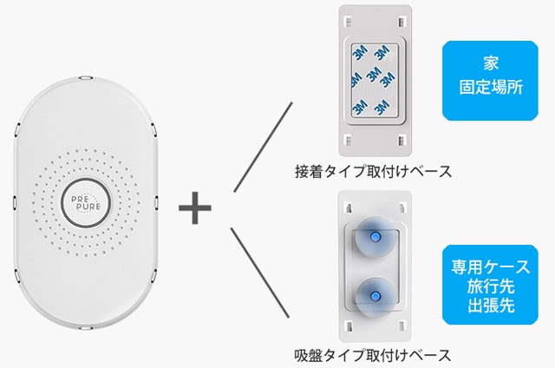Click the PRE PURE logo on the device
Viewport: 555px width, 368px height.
click(86, 203)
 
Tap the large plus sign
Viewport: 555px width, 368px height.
click(194, 207)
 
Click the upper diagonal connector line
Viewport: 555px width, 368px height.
click(263, 147)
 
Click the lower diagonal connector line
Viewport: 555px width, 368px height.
click(260, 273)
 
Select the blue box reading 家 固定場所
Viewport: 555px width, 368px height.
click(490, 81)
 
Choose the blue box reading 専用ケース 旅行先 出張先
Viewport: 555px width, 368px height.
click(490, 285)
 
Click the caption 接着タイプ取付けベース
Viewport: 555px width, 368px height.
click(374, 172)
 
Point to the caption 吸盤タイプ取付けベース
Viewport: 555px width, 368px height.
click(373, 355)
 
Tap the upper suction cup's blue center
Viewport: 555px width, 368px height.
click(375, 236)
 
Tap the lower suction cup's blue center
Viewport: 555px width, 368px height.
click(375, 296)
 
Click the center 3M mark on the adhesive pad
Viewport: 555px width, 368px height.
click(374, 75)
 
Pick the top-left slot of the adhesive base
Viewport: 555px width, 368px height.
click(349, 22)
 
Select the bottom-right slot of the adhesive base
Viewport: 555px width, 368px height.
click(402, 141)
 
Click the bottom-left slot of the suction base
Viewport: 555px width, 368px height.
click(349, 325)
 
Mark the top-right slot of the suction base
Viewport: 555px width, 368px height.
click(402, 207)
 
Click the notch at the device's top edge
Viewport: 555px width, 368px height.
click(86, 77)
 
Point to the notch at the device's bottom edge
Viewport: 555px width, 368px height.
click(85, 328)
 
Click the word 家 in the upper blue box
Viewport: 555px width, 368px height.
click(491, 63)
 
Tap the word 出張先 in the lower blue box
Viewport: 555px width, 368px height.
click(491, 306)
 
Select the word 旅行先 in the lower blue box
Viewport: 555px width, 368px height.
click(491, 286)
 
